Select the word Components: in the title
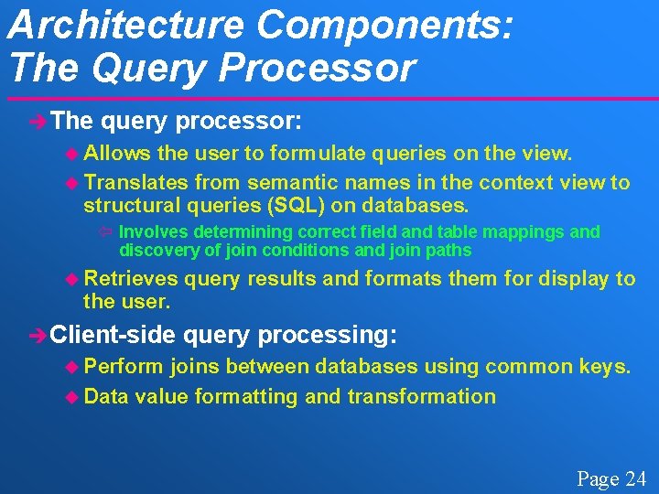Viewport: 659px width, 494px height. [385, 25]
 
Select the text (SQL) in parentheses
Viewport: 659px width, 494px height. [312, 205]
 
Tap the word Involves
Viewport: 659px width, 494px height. [151, 232]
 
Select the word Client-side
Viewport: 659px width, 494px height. [112, 335]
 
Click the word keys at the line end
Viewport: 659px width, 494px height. [606, 368]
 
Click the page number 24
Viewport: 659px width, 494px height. [635, 478]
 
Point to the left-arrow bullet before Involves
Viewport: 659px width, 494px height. [103, 232]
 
